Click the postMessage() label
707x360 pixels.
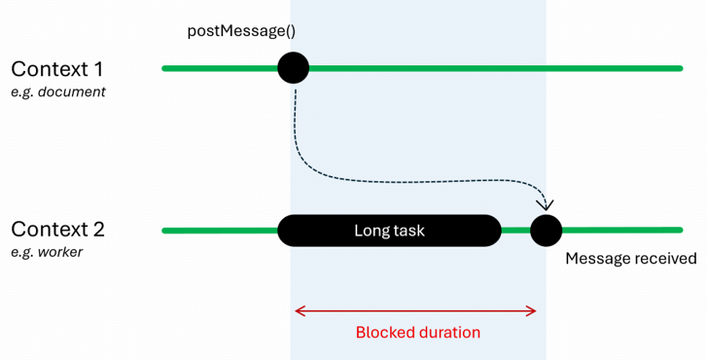[241, 30]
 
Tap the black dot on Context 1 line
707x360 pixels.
[293, 68]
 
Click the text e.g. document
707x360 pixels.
[58, 92]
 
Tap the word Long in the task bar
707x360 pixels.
[371, 231]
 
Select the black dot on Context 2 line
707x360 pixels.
[546, 231]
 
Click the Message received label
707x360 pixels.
[630, 259]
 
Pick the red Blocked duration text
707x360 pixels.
[417, 332]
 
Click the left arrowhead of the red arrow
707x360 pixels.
[298, 311]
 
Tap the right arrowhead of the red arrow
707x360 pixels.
[533, 311]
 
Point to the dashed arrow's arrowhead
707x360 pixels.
[545, 204]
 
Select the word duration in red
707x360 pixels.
[448, 332]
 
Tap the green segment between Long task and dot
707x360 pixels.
[514, 231]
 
